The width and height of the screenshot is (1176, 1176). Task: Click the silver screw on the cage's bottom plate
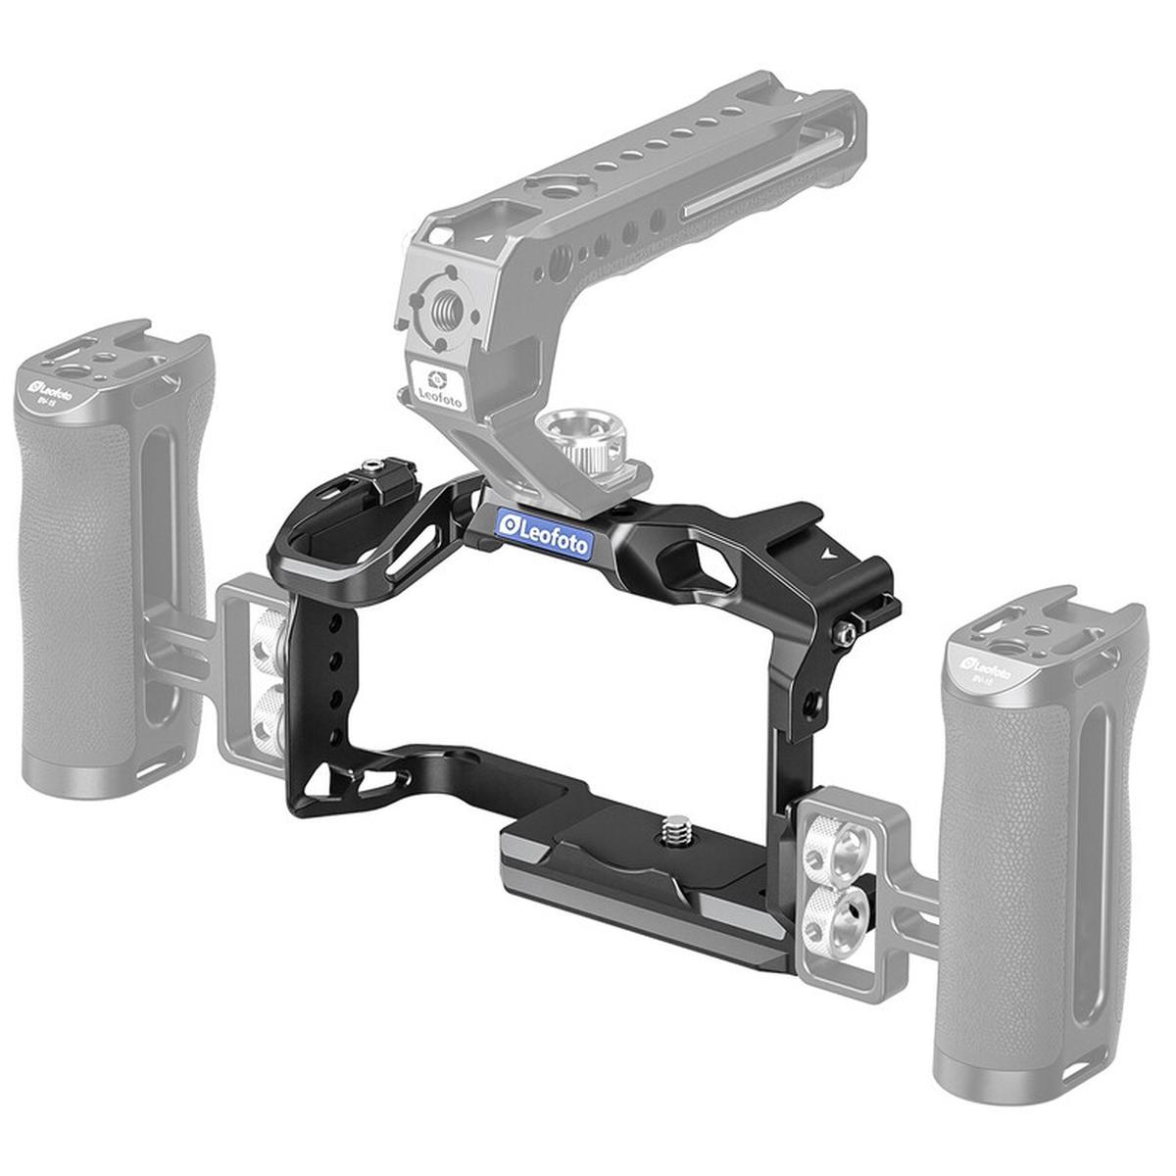point(675,831)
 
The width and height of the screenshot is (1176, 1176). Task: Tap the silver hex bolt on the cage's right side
point(840,635)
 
